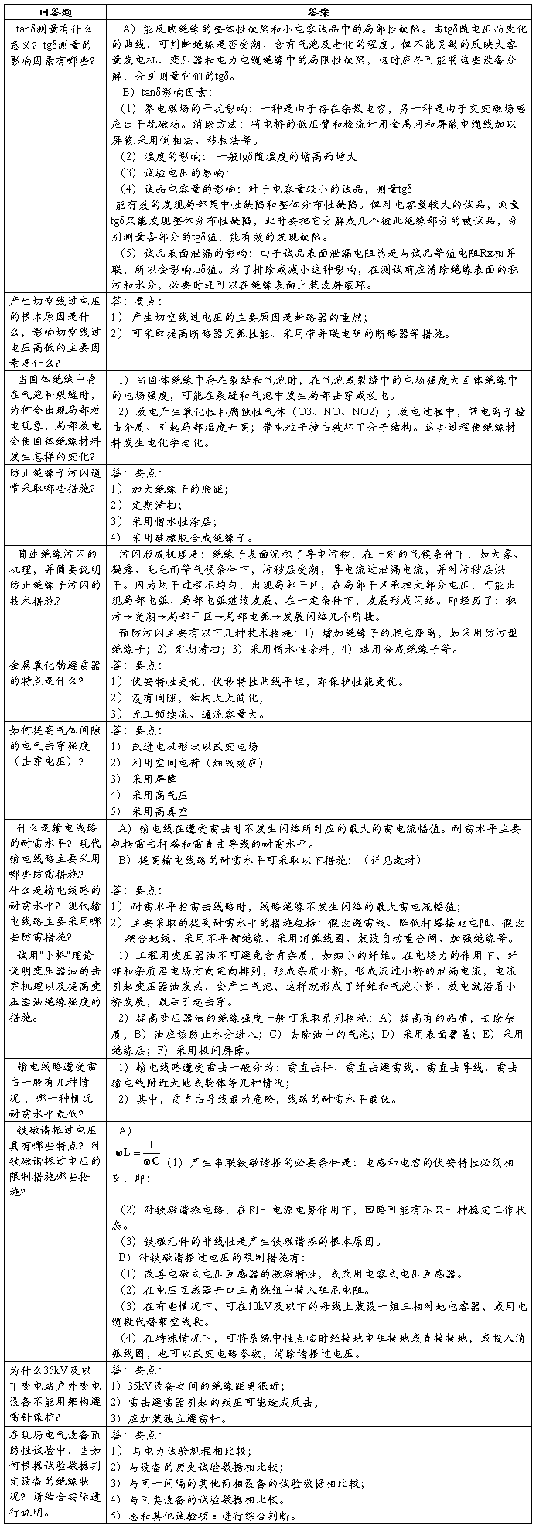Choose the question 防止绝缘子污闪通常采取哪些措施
click(x=54, y=480)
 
